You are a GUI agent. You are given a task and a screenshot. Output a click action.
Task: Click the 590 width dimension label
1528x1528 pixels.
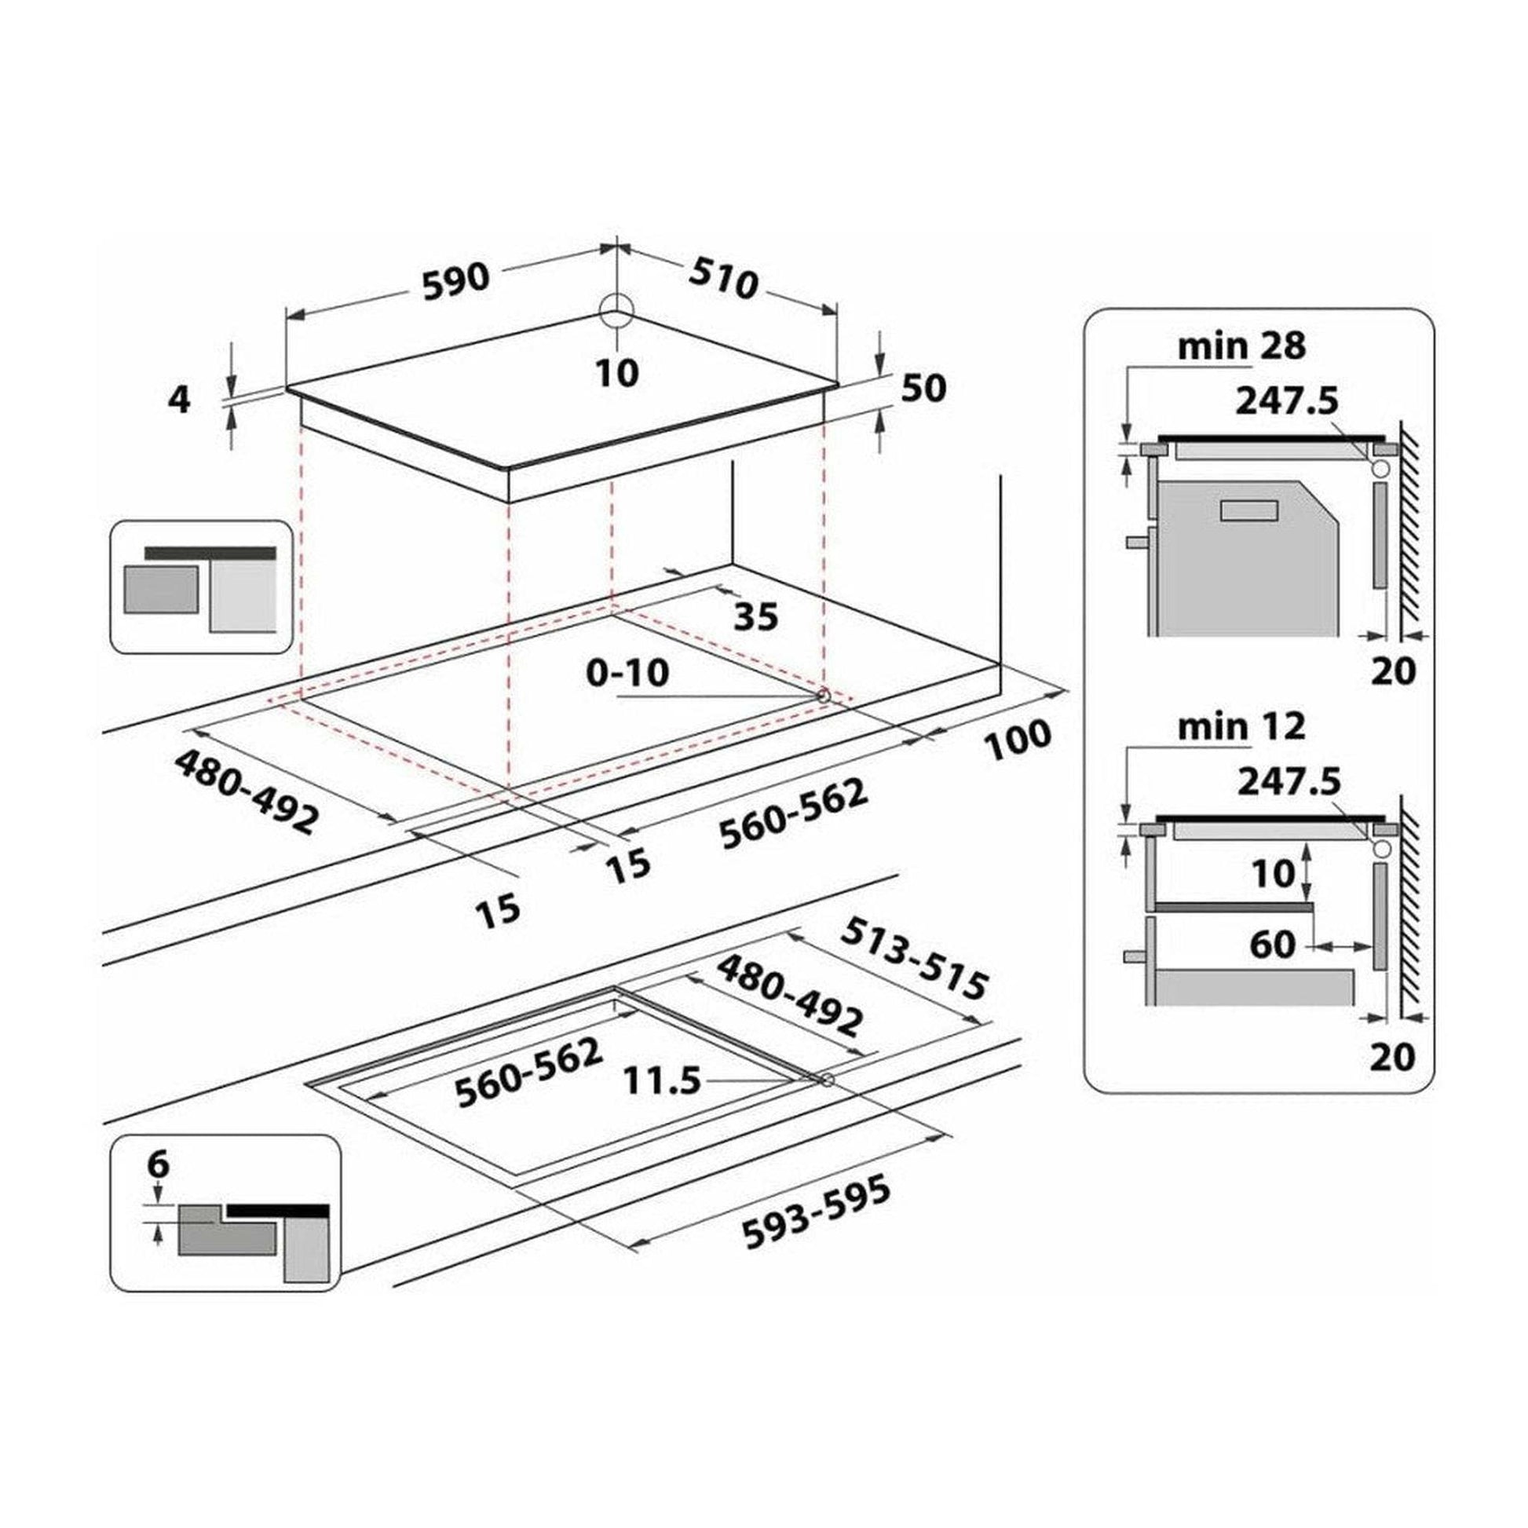pos(456,283)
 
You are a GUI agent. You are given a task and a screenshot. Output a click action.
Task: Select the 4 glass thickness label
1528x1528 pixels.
pos(181,400)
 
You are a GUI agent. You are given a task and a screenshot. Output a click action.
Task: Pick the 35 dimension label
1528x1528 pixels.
pos(755,616)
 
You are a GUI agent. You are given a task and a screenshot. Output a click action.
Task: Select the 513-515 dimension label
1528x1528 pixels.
pos(914,959)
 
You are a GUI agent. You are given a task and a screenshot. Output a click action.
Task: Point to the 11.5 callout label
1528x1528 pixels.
pos(662,1080)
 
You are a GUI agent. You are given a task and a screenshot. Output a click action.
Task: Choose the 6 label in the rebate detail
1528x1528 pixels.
pos(158,1164)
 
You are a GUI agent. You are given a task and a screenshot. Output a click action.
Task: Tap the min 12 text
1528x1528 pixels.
pos(1241,727)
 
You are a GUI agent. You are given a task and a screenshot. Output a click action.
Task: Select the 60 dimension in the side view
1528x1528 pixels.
pos(1274,945)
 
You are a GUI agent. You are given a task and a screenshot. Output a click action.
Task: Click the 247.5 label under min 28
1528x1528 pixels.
pos(1288,401)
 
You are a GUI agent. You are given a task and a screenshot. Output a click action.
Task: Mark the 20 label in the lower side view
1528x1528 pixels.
pos(1393,1058)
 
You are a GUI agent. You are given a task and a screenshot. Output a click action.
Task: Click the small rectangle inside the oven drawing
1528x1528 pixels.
pos(1249,511)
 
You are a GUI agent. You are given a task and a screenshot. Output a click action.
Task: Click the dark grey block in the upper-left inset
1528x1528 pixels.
pos(160,589)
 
